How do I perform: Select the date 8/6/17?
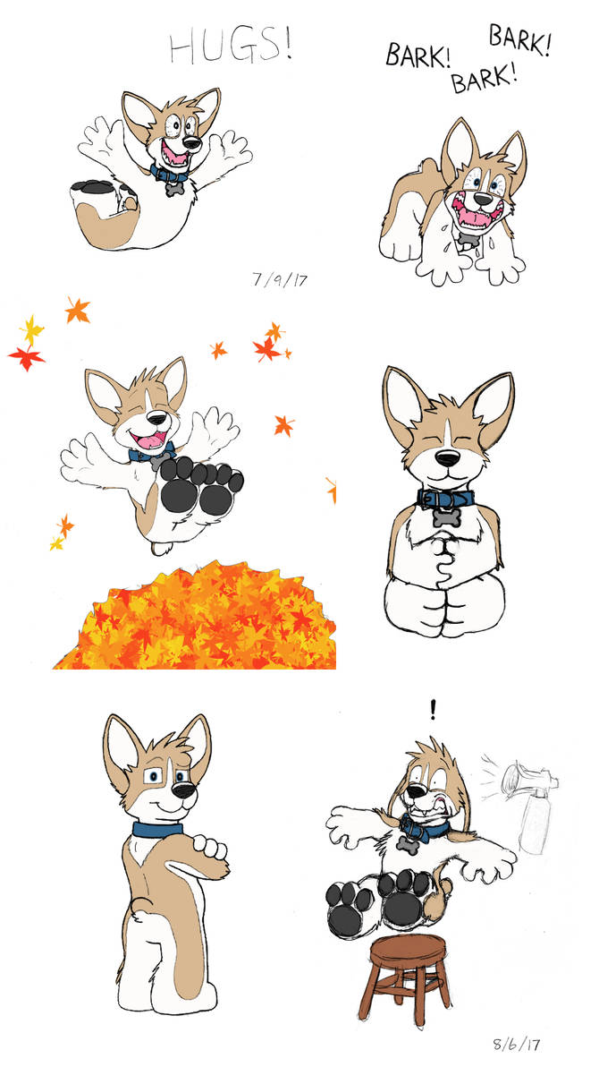coord(518,1043)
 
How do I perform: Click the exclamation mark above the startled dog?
coord(434,710)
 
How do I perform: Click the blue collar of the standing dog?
coord(158,829)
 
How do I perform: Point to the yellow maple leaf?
coord(32,330)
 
